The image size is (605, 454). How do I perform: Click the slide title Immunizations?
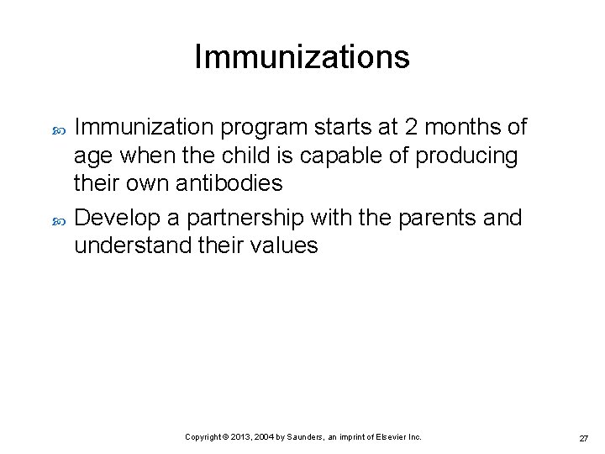302,57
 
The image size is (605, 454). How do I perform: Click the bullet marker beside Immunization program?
58,129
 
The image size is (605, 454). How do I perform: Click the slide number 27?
583,439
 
